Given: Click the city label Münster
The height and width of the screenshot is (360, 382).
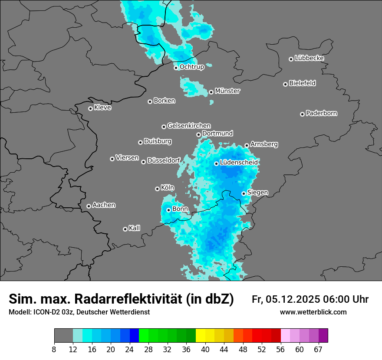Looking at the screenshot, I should (227, 91).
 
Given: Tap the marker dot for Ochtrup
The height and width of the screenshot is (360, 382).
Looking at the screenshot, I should (176, 67).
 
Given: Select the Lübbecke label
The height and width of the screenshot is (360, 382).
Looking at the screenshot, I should (309, 58).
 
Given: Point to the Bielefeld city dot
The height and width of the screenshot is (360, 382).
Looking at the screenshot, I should (286, 84).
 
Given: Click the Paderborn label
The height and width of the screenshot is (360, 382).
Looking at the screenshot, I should (321, 113).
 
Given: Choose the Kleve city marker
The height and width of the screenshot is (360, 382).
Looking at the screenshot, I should (91, 108).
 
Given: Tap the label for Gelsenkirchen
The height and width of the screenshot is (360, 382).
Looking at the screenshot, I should (189, 126).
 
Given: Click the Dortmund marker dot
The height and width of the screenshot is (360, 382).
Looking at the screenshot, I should (199, 134).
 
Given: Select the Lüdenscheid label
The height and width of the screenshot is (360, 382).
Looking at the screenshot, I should (239, 163).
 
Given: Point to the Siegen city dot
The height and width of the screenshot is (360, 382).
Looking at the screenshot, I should (244, 193).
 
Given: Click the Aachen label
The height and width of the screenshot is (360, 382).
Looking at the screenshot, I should (104, 205).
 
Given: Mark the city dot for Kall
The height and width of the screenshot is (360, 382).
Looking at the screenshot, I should (125, 229).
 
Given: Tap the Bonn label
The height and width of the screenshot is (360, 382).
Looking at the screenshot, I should (180, 209).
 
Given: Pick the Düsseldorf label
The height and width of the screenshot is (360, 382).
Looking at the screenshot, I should (164, 160).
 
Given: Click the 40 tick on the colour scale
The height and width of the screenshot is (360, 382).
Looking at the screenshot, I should (205, 350).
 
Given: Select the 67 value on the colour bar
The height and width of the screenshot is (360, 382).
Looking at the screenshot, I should (318, 350).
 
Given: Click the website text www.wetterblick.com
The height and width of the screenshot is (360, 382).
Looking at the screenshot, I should (313, 312).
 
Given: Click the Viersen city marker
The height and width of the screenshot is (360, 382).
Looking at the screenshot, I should (112, 159).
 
